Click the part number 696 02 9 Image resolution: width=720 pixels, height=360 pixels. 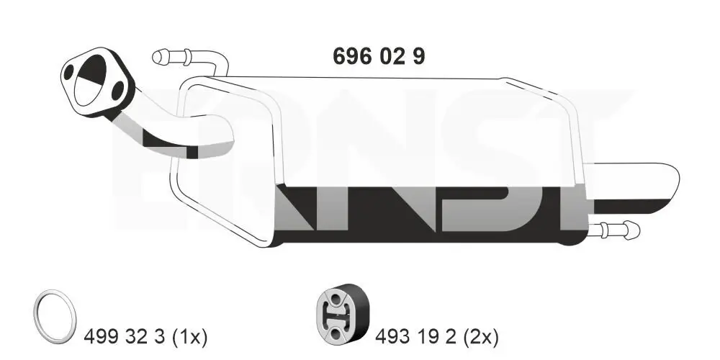(x=379, y=56)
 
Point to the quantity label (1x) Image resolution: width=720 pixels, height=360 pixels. (x=189, y=336)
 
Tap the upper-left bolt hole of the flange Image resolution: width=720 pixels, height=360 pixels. (x=71, y=73)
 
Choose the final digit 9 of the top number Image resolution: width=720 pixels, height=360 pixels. (x=418, y=56)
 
